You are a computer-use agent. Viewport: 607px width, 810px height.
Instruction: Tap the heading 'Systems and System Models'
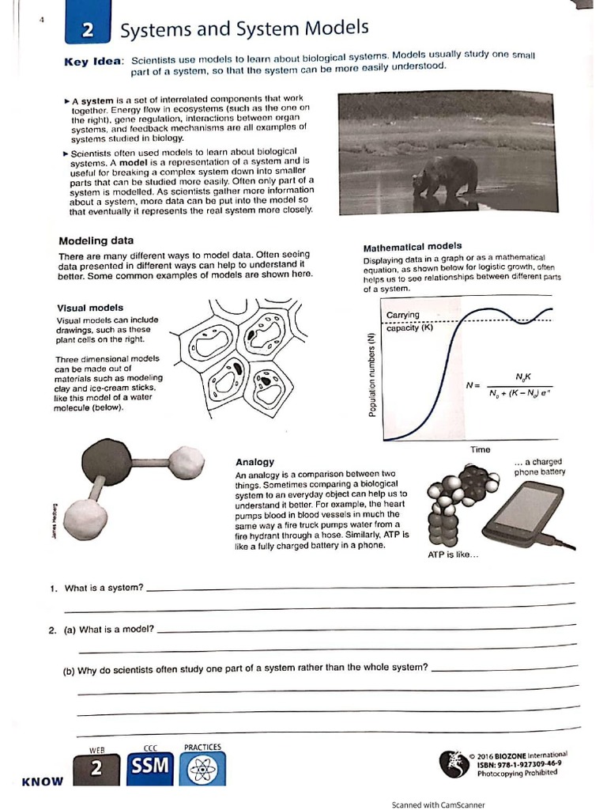click(243, 29)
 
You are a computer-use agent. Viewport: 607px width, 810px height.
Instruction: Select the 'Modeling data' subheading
click(96, 240)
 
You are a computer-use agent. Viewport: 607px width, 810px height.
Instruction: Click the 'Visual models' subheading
click(89, 308)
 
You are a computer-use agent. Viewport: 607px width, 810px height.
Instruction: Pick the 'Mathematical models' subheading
click(412, 247)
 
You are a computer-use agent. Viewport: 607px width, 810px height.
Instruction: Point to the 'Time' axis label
click(480, 449)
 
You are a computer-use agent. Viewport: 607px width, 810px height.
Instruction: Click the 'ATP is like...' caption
click(453, 555)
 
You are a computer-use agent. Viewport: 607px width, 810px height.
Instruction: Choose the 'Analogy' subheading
click(254, 462)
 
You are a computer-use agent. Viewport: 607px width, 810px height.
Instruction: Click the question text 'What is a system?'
click(104, 588)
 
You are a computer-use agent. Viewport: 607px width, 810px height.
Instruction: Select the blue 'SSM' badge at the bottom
click(150, 768)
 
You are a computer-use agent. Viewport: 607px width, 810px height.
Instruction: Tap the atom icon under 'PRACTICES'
click(202, 769)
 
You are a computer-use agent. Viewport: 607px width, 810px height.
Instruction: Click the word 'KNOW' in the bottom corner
click(42, 782)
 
